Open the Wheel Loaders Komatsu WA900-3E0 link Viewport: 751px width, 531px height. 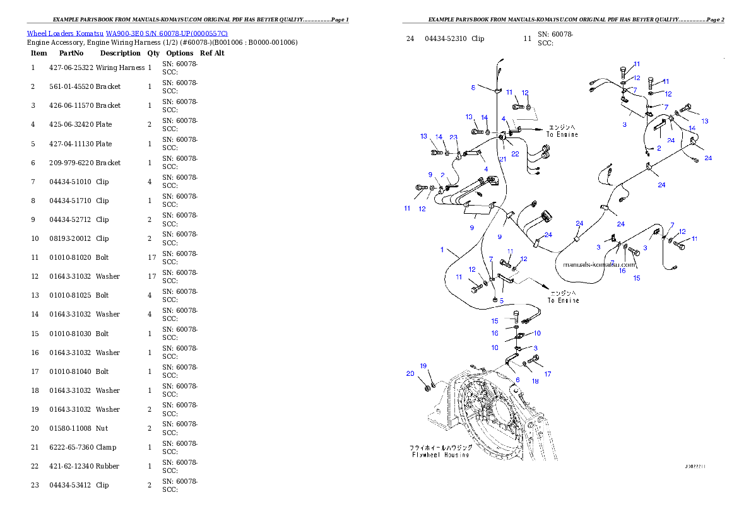pyautogui.click(x=127, y=33)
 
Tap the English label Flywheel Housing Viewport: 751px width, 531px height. pyautogui.click(x=440, y=455)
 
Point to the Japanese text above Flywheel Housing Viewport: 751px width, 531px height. pyautogui.click(x=440, y=447)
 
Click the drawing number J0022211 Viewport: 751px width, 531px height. pyautogui.click(x=695, y=467)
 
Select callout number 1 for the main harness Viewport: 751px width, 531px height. pyautogui.click(x=442, y=250)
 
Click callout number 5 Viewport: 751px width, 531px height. pyautogui.click(x=502, y=301)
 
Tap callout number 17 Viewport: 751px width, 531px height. pyautogui.click(x=548, y=374)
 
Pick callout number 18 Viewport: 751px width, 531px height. pyautogui.click(x=535, y=381)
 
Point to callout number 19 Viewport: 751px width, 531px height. pyautogui.click(x=423, y=366)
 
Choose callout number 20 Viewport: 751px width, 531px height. pyautogui.click(x=410, y=374)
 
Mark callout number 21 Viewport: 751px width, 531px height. pyautogui.click(x=502, y=159)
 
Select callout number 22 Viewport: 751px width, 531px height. pyautogui.click(x=515, y=154)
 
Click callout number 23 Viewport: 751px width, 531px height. pyautogui.click(x=453, y=137)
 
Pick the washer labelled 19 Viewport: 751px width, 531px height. pyautogui.click(x=432, y=380)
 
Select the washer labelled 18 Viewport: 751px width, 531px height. pyautogui.click(x=526, y=365)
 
